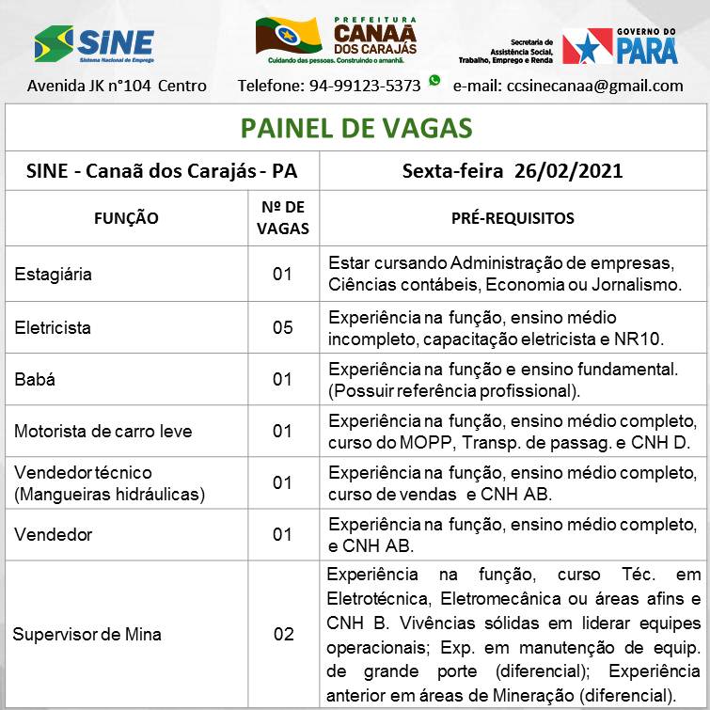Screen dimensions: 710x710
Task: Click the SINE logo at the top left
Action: (93, 43)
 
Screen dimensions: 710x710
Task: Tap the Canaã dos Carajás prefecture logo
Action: (336, 39)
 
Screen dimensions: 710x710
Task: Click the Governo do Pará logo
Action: (620, 45)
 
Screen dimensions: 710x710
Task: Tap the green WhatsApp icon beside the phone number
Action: (434, 81)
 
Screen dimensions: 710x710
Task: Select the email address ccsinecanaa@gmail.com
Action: (568, 86)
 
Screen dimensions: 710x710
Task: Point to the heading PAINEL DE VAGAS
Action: (355, 128)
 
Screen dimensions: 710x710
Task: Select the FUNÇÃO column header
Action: (126, 218)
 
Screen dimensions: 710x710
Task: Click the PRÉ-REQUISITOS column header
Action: (513, 218)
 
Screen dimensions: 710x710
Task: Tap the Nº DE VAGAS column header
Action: (283, 218)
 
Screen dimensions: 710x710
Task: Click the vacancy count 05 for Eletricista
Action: (283, 328)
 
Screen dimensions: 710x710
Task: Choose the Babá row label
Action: (35, 380)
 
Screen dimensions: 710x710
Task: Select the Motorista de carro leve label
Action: (103, 432)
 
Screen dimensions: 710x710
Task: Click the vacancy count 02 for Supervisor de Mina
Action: (283, 635)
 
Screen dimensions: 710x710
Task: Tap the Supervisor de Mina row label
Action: (87, 635)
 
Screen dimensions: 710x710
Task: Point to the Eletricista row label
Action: (53, 328)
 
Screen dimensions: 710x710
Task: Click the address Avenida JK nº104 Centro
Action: (117, 86)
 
